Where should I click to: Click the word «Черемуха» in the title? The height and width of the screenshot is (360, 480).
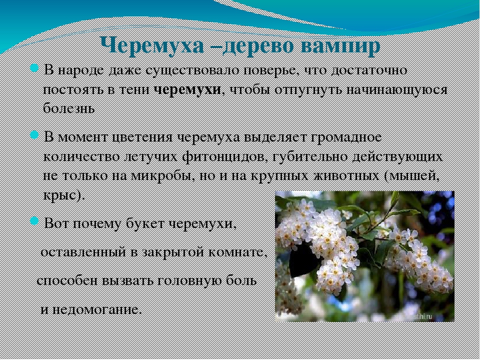click(x=152, y=46)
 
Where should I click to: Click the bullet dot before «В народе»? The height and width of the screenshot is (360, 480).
click(x=34, y=68)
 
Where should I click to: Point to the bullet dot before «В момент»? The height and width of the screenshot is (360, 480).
click(x=34, y=134)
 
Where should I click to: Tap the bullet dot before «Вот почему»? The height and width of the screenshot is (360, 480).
click(x=34, y=220)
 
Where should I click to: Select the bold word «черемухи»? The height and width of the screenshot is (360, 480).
click(x=187, y=90)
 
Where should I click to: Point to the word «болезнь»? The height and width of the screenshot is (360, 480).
click(x=69, y=108)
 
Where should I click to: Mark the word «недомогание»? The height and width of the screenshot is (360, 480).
click(x=97, y=310)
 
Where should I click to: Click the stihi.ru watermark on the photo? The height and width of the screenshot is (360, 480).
click(x=423, y=316)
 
